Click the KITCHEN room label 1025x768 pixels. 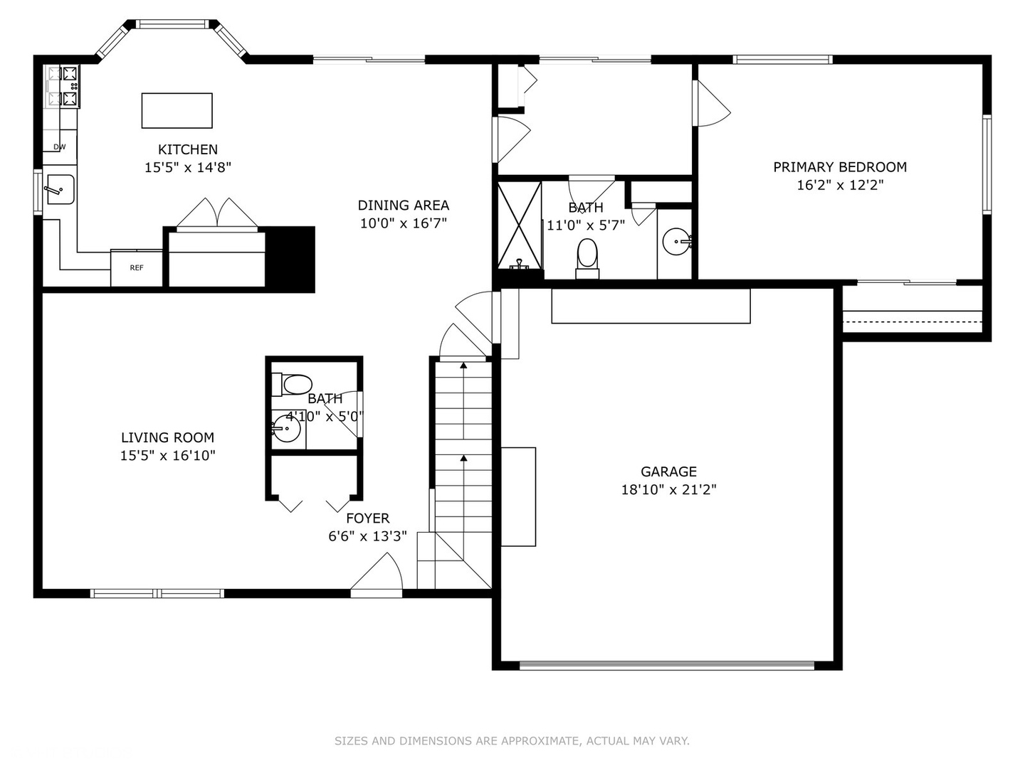click(x=188, y=149)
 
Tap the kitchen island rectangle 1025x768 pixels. click(x=177, y=110)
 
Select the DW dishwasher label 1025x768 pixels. click(x=59, y=147)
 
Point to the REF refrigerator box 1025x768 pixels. click(x=137, y=268)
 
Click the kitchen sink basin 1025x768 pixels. click(x=61, y=189)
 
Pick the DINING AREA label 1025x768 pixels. click(x=404, y=206)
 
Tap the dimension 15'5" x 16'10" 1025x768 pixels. click(x=168, y=455)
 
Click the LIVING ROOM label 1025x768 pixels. click(x=168, y=437)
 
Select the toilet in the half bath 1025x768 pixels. click(x=292, y=385)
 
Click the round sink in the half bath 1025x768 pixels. click(x=285, y=428)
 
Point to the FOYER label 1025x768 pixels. click(x=367, y=518)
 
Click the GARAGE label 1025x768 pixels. click(x=668, y=471)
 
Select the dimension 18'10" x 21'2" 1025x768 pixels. click(x=668, y=490)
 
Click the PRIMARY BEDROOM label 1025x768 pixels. click(x=840, y=167)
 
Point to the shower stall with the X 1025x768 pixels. click(x=520, y=226)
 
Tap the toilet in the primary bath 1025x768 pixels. click(x=587, y=258)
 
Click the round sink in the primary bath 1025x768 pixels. click(x=676, y=242)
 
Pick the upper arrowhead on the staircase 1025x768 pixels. click(x=463, y=365)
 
